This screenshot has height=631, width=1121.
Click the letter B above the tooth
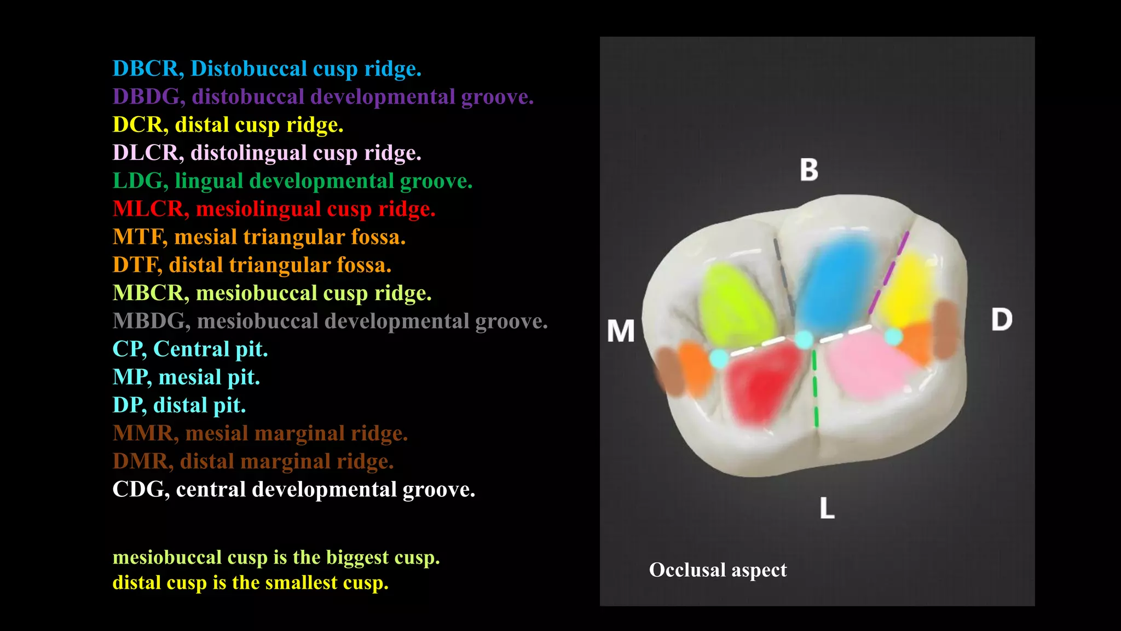pos(809,170)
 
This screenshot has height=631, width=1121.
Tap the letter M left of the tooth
pos(621,331)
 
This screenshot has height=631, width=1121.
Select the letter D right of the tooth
pos(1002,319)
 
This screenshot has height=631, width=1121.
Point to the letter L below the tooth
pos(827,508)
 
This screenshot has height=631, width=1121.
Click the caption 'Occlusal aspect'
pos(718,570)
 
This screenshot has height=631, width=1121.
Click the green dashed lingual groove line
pos(815,389)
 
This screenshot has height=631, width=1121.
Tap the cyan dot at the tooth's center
pos(804,340)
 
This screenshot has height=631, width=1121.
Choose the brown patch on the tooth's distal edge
pos(946,329)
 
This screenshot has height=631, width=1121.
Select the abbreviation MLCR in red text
pos(148,209)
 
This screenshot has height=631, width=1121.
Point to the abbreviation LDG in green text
pos(140,181)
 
